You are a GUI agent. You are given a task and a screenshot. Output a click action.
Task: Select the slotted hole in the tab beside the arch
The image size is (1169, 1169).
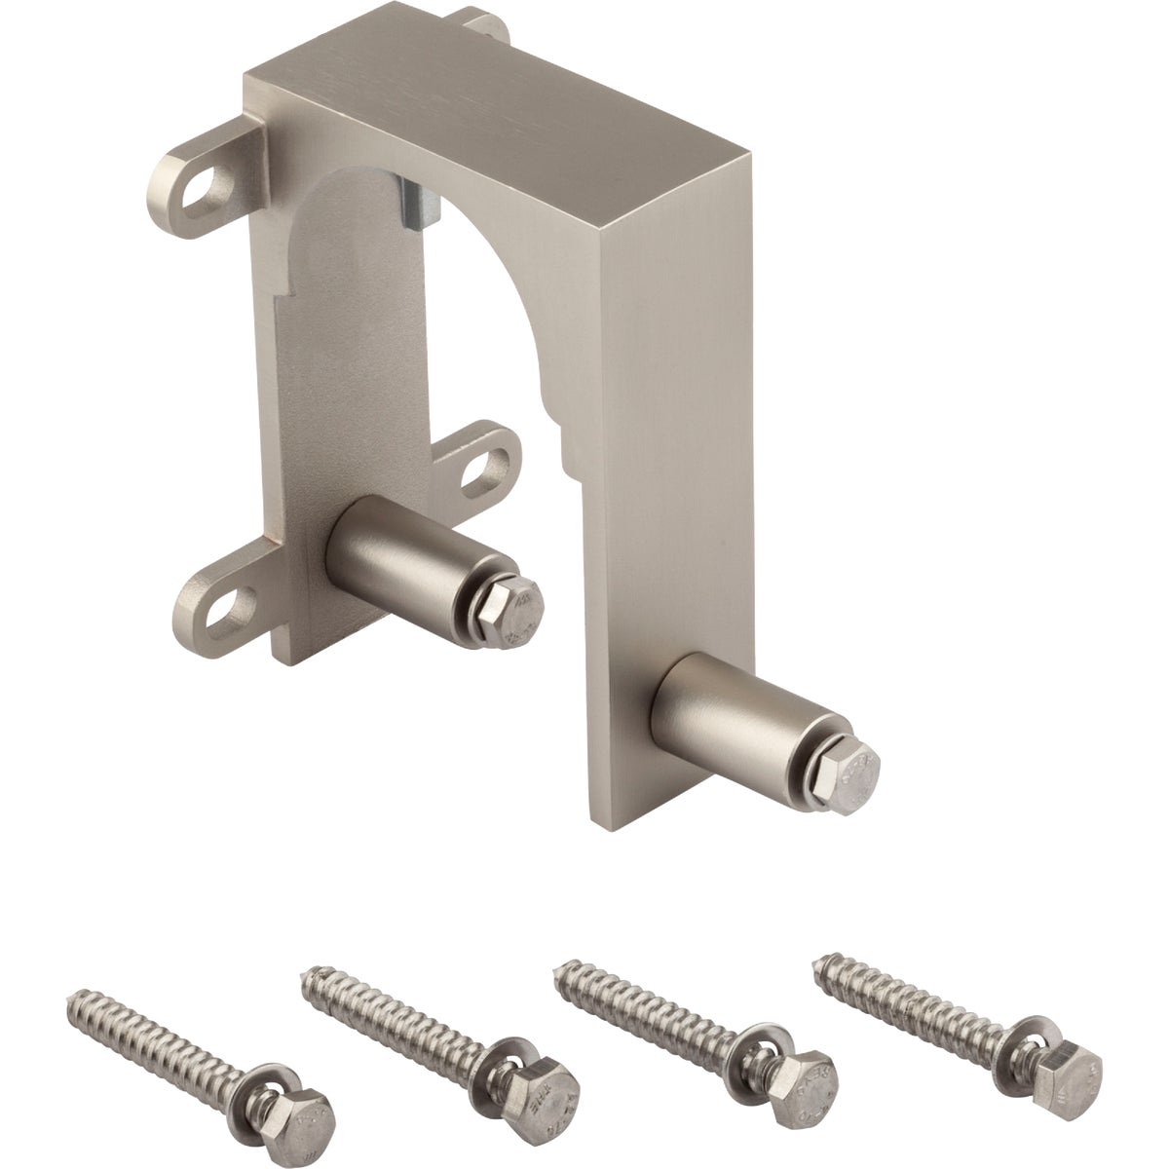(483, 468)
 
